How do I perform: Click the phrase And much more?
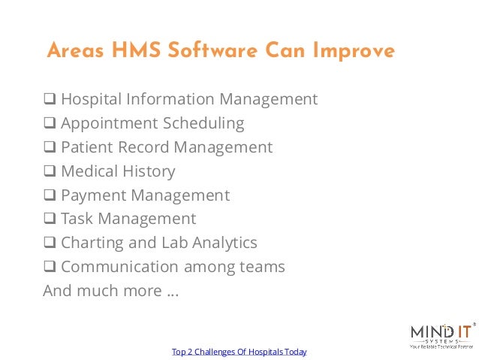(x=110, y=291)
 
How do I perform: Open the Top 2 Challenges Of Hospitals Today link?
(x=239, y=352)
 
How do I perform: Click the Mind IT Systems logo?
(x=441, y=334)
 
